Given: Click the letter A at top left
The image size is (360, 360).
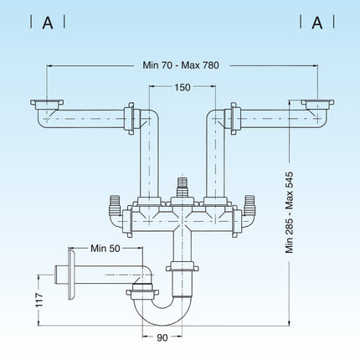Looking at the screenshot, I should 48,23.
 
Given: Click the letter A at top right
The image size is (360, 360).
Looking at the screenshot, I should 317,23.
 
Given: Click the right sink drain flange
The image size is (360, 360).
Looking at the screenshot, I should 316,105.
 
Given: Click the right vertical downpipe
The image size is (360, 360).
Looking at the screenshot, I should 213,159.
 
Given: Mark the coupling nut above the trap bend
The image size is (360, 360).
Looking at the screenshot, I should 181,268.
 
